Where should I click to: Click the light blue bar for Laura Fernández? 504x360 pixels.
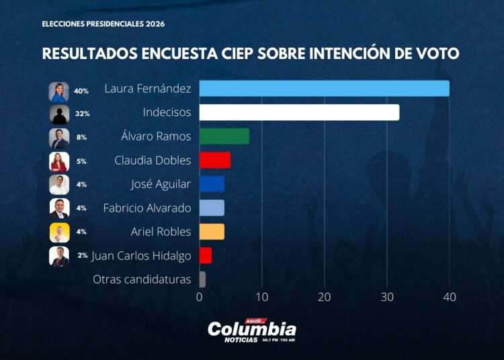pos(324,89)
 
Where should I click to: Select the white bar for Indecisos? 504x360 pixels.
pos(299,112)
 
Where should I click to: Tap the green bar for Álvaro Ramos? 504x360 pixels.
pos(224,136)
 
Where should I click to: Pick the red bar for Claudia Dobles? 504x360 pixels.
pos(214,161)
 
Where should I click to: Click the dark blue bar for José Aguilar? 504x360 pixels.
pos(212,184)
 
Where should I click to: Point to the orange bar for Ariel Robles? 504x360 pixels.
pos(212,232)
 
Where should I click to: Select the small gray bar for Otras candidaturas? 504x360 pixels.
pos(202,279)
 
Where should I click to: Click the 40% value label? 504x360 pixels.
pos(81,91)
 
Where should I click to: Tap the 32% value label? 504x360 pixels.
pos(82,114)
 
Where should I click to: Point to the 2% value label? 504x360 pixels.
pos(82,256)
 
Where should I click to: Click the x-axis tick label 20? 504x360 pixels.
pos(325,297)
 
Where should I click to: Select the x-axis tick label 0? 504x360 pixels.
pos(200,297)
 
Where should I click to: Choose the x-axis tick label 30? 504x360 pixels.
pos(387,297)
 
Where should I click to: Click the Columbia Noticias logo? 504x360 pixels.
pos(251,330)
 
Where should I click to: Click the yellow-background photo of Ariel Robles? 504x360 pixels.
pos(59,232)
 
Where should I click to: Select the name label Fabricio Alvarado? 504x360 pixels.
pos(146,208)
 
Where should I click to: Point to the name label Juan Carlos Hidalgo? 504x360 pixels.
pos(141,256)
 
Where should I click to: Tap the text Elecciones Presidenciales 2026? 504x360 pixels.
pos(103,24)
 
